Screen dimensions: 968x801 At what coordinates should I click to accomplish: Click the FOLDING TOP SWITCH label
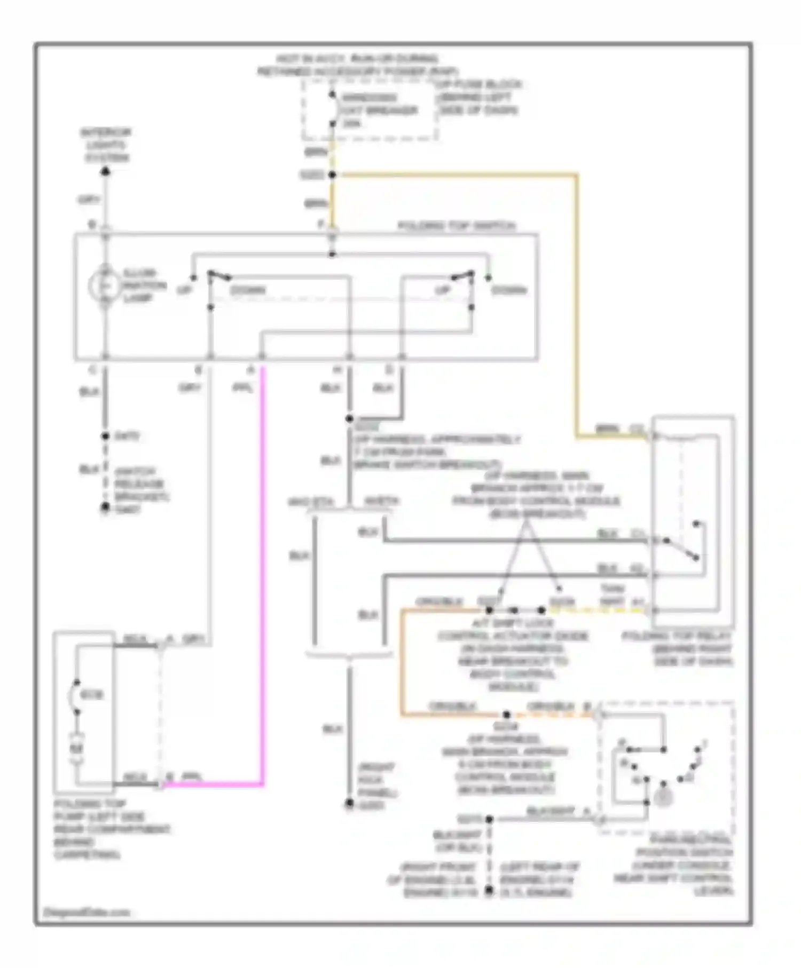point(456,226)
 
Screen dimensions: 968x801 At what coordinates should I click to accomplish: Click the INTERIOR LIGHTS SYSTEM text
point(105,145)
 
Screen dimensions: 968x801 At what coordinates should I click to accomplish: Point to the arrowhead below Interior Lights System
point(106,171)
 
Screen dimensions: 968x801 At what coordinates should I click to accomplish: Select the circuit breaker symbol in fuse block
point(332,110)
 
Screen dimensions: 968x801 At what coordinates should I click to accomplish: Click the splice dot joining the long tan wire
point(332,174)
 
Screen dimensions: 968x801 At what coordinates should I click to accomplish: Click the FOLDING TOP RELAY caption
point(677,649)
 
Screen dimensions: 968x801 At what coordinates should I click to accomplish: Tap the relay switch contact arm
point(681,549)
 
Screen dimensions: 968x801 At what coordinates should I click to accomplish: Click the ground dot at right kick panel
point(349,804)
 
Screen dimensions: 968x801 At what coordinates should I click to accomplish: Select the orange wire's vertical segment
point(402,662)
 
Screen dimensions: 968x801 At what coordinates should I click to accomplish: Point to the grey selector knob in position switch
point(663,797)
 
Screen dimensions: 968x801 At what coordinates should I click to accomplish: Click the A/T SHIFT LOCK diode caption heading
point(512,623)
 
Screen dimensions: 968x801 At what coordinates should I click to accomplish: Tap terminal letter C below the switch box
point(92,369)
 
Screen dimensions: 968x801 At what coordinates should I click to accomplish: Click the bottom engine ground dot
point(488,890)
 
